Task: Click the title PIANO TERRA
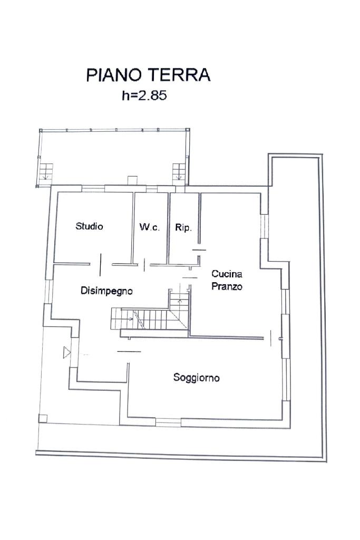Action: point(148,75)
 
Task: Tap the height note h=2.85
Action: point(144,95)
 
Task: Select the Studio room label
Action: point(89,226)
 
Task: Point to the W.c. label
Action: point(150,227)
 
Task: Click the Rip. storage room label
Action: point(183,228)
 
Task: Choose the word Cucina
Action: point(227,274)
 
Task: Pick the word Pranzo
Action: point(227,286)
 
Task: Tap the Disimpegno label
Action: point(106,291)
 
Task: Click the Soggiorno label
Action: point(197,378)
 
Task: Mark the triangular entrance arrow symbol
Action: point(67,353)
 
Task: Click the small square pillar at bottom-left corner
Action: point(43,418)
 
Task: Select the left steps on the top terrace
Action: point(46,172)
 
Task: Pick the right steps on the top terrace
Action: point(179,171)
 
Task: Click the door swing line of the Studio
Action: point(101,265)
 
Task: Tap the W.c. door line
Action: point(144,264)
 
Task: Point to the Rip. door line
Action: point(199,249)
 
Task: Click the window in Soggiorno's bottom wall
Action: point(168,422)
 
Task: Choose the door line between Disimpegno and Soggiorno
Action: point(129,351)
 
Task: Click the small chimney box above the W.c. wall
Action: point(132,181)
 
